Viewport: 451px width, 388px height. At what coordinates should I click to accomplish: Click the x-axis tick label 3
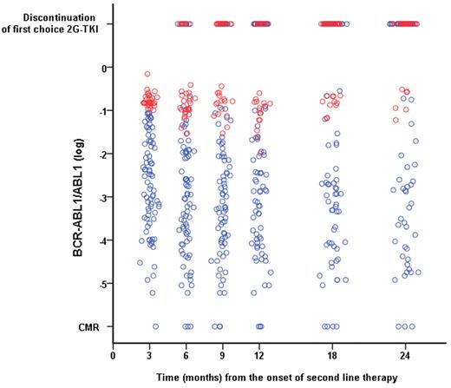(150, 355)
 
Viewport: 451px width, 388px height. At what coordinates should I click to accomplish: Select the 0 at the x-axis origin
(114, 355)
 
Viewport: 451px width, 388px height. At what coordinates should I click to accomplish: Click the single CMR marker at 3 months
(155, 327)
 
